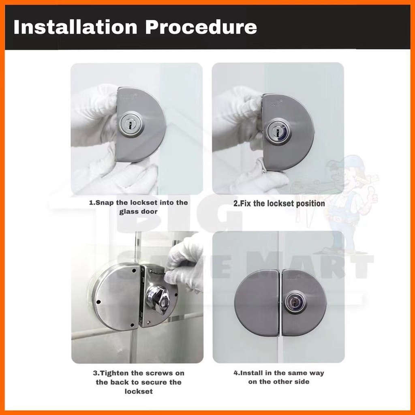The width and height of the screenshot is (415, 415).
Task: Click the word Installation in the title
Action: click(x=75, y=27)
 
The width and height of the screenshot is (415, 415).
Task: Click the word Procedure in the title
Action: click(x=201, y=27)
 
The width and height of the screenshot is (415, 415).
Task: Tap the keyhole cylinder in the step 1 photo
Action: click(x=130, y=125)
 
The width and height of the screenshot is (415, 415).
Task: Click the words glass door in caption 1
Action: click(x=138, y=212)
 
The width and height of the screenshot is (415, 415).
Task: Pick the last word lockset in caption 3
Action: click(x=139, y=391)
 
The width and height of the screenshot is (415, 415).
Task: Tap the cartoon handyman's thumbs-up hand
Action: click(x=372, y=193)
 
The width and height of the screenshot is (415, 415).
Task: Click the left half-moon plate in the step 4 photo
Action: click(x=258, y=302)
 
